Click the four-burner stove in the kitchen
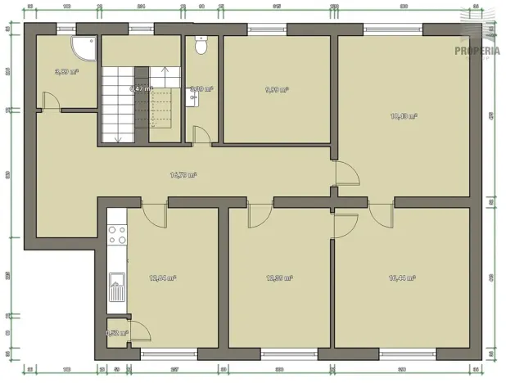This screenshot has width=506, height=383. click(x=117, y=235)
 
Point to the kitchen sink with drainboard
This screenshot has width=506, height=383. click(x=117, y=286)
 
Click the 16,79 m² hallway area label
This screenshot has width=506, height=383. click(x=182, y=174)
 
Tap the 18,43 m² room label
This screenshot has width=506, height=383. click(x=404, y=116)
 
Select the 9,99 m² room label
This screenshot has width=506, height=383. click(x=277, y=90)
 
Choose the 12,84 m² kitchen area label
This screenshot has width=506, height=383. click(x=163, y=278)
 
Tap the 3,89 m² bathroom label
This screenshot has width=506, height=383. click(x=66, y=71)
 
